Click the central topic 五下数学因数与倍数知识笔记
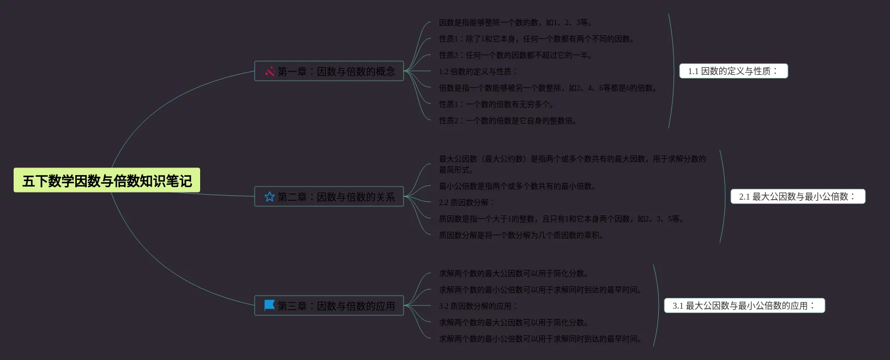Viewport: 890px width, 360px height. [x=107, y=181]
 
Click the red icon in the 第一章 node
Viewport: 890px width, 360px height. [x=269, y=71]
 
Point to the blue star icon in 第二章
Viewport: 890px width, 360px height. [x=269, y=197]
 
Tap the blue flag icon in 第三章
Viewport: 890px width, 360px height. [x=269, y=305]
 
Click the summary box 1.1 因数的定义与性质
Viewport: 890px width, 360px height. [x=733, y=71]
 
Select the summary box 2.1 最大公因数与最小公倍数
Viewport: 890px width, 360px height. [x=798, y=196]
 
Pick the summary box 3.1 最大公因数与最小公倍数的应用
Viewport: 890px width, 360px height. [x=744, y=305]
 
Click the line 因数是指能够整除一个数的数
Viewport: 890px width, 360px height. [x=515, y=22]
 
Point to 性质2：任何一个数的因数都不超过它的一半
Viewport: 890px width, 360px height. [x=515, y=55]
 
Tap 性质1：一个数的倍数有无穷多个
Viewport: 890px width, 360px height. [x=496, y=104]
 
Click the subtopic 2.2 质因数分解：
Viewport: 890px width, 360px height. [x=467, y=202]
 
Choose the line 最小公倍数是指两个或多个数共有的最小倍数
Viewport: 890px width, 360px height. [x=518, y=186]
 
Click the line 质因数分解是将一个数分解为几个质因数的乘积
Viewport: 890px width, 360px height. [x=521, y=235]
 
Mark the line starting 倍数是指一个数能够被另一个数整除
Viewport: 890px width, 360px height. [x=548, y=88]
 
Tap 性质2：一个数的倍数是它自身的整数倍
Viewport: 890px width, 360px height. [x=508, y=121]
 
